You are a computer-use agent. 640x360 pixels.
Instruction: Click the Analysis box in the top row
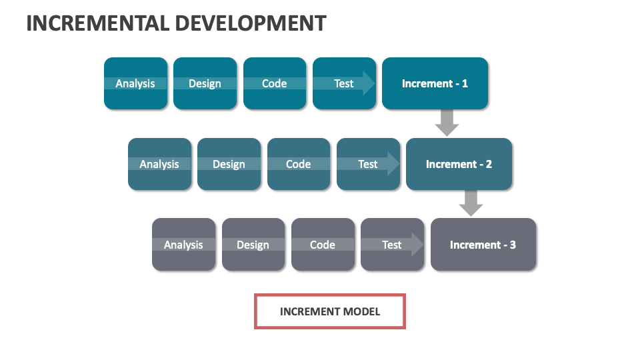tap(135, 83)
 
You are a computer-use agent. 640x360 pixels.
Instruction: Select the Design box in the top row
tap(205, 83)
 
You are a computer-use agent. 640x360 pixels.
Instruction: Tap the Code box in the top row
tap(274, 83)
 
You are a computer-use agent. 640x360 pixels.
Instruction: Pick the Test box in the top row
tap(343, 83)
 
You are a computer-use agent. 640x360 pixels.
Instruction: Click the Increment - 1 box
tap(435, 83)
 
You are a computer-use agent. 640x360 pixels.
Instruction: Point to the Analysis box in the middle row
tap(159, 164)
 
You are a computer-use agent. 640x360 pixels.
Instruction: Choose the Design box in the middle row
tap(229, 164)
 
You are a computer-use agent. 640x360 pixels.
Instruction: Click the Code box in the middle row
tap(298, 164)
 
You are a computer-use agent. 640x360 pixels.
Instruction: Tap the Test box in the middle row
tap(367, 164)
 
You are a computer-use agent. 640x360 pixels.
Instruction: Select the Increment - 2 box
tap(459, 164)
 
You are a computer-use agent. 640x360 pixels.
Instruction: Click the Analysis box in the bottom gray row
tap(183, 245)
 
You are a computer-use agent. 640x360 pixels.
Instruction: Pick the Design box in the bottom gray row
tap(253, 245)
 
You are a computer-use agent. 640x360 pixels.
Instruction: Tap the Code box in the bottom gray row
tap(322, 245)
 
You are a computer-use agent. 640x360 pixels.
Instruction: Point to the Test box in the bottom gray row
tap(391, 245)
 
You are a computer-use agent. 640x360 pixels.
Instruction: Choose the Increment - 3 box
tap(483, 245)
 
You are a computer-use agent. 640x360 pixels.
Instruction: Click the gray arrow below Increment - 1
tap(447, 122)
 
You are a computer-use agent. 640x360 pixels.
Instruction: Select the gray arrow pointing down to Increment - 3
tap(471, 203)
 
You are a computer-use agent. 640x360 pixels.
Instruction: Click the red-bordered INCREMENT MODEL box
tap(330, 311)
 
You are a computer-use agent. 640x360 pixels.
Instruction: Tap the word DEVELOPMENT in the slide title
tap(251, 23)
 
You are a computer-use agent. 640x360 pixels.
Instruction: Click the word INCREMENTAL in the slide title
tap(98, 23)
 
